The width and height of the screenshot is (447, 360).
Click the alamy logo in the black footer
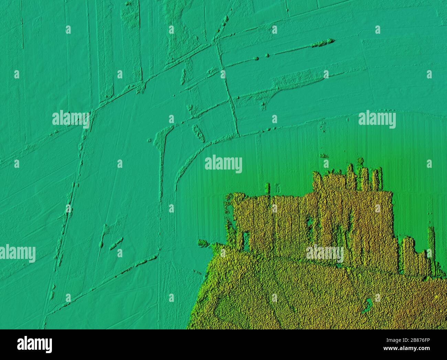(x=35, y=344)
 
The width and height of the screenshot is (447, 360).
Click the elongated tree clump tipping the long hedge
(x=323, y=42)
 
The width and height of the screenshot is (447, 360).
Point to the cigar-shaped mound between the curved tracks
(x=198, y=133)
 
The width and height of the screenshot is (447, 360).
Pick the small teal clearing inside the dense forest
(x=367, y=305)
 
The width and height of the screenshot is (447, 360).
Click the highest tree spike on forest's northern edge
(x=360, y=162)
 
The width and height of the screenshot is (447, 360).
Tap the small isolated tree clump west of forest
(x=203, y=243)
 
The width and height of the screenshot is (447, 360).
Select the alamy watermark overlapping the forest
(x=325, y=254)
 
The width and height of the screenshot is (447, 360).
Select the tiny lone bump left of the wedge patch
(x=149, y=140)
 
